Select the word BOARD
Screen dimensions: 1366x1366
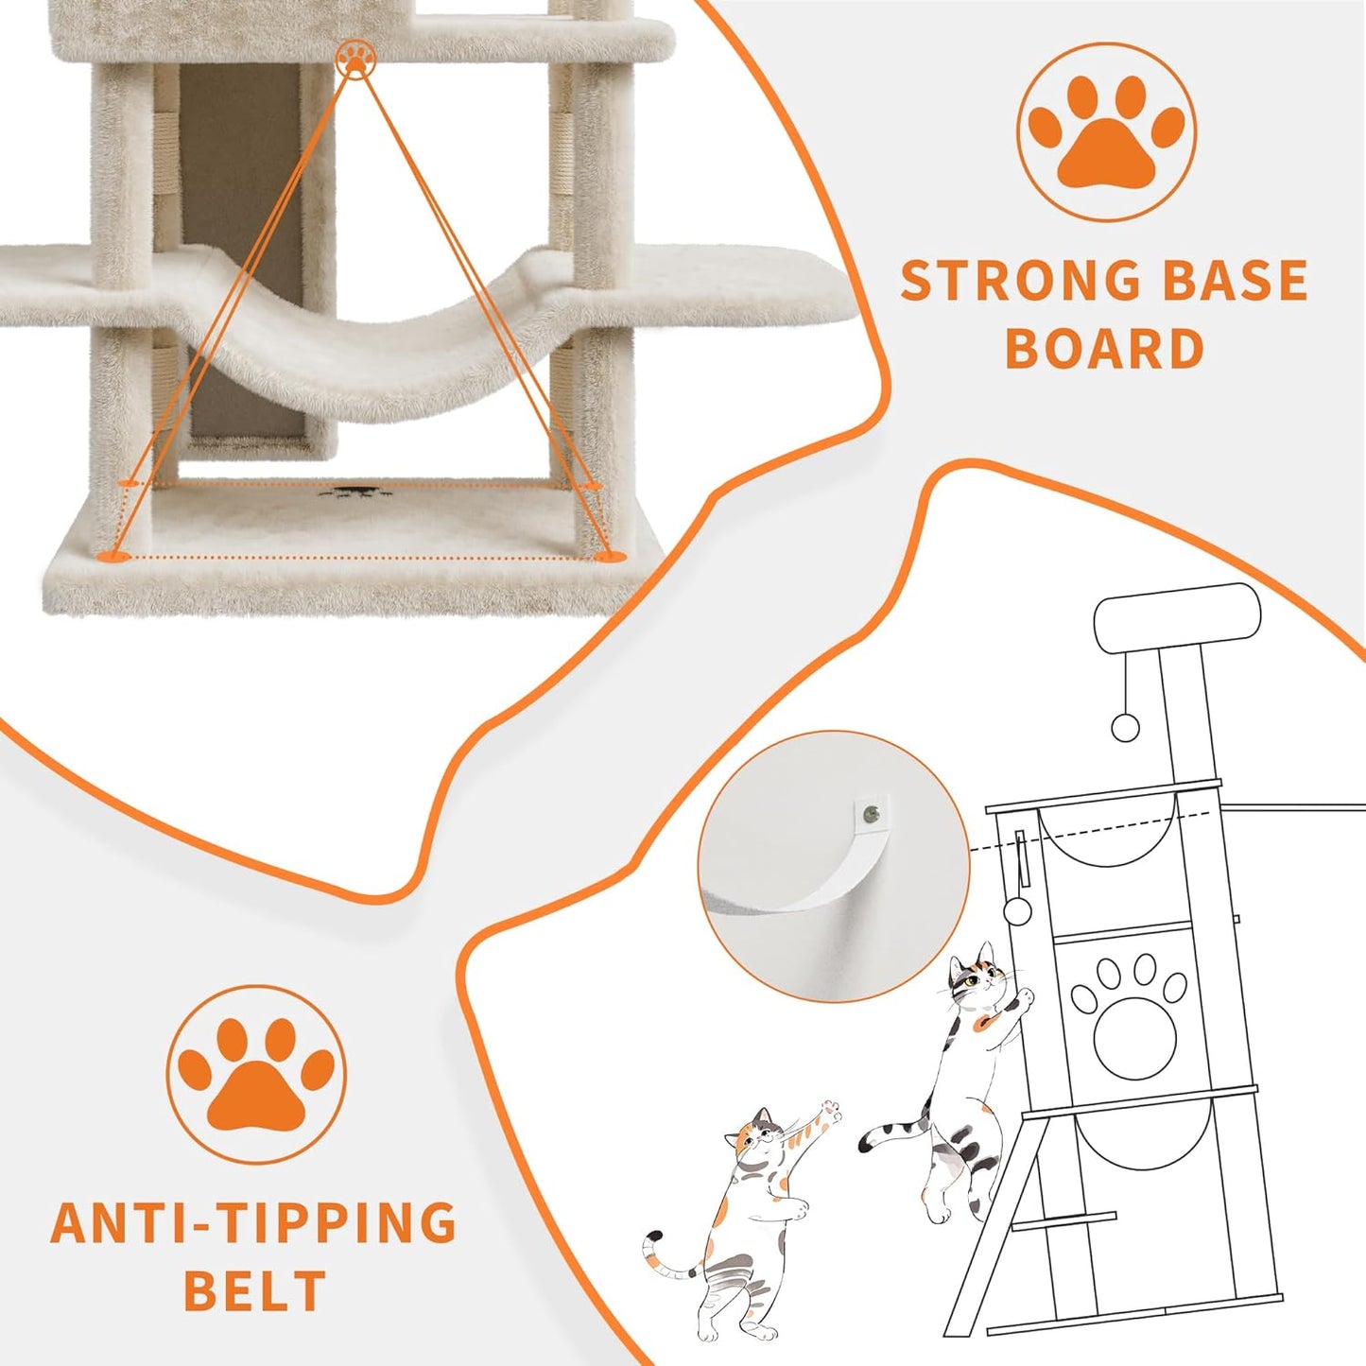[1104, 349]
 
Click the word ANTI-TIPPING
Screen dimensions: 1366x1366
[253, 1223]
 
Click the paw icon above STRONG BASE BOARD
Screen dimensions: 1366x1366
[1106, 132]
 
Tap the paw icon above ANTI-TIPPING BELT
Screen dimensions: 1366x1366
[256, 1075]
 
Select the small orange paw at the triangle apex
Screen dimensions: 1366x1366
[354, 58]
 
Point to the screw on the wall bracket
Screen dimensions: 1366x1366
[871, 809]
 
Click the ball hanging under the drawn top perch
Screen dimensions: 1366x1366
[1125, 726]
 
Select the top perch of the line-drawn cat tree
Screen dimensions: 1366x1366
[1177, 618]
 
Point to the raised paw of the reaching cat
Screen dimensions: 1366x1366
[829, 1111]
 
